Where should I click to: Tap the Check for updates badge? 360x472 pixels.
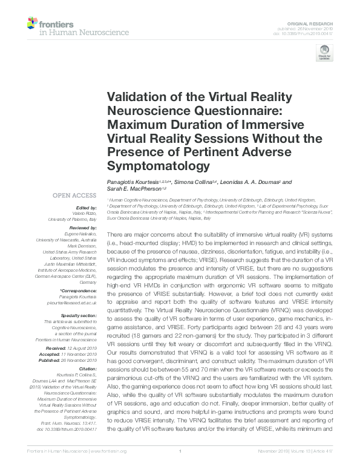[x=324, y=56]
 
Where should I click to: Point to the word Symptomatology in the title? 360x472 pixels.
[x=157, y=165]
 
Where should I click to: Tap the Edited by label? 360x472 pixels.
[x=87, y=208]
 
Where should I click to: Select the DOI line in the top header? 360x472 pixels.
[x=308, y=33]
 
